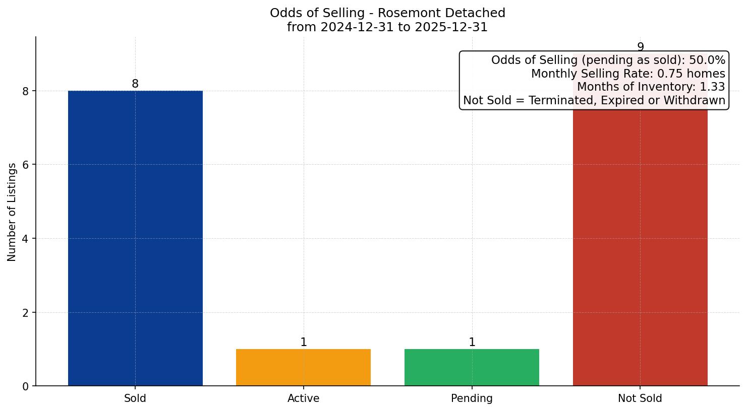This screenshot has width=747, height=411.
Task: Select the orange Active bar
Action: point(303,367)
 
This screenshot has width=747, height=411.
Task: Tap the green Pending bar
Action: point(472,367)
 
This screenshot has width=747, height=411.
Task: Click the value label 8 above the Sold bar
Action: point(135,84)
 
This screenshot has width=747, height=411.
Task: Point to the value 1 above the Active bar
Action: point(304,342)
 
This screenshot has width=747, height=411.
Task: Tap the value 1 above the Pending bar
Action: point(472,342)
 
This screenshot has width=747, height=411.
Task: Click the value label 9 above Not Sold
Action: point(641,47)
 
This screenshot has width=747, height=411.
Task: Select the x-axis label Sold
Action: point(135,398)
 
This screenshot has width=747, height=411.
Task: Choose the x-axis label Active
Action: point(303,398)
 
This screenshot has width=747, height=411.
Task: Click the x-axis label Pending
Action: point(472,398)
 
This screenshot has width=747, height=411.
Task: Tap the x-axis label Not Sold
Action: point(640,398)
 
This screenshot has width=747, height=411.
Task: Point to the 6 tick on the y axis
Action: point(26,165)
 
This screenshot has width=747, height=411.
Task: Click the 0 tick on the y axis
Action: point(26,386)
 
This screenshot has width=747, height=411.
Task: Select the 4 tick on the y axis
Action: point(26,239)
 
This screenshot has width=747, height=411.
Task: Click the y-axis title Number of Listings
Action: point(12,212)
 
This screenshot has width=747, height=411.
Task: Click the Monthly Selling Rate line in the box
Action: point(628,74)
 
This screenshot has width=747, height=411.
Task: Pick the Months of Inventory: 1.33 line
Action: point(651,87)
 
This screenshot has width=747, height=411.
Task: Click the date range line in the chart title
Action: point(387,27)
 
